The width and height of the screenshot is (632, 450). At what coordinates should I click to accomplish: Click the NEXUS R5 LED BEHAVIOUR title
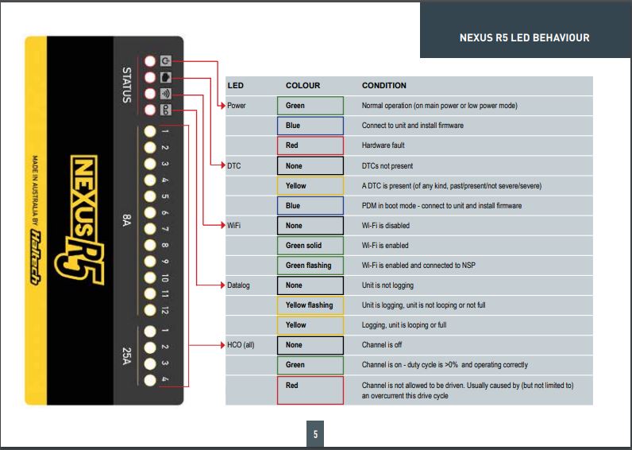(x=525, y=37)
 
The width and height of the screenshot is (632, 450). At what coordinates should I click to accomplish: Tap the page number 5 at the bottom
(x=315, y=434)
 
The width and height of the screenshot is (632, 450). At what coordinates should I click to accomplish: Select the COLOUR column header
(x=303, y=85)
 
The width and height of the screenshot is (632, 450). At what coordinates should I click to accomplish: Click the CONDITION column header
(x=383, y=85)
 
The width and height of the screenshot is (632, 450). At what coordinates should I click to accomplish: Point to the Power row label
(x=237, y=106)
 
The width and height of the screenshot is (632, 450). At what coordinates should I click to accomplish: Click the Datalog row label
(x=238, y=285)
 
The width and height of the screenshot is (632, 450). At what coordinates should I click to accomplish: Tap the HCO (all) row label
(x=241, y=345)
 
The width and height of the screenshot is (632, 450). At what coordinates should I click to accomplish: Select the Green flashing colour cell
(x=310, y=266)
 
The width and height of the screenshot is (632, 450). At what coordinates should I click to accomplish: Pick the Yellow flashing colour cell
(x=310, y=305)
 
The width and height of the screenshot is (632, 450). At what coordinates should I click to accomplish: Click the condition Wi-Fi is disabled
(x=386, y=226)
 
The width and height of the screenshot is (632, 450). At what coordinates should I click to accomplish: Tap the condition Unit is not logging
(x=387, y=285)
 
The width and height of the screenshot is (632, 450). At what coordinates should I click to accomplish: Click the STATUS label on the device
(x=124, y=86)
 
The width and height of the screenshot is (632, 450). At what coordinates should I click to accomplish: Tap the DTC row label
(x=234, y=165)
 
